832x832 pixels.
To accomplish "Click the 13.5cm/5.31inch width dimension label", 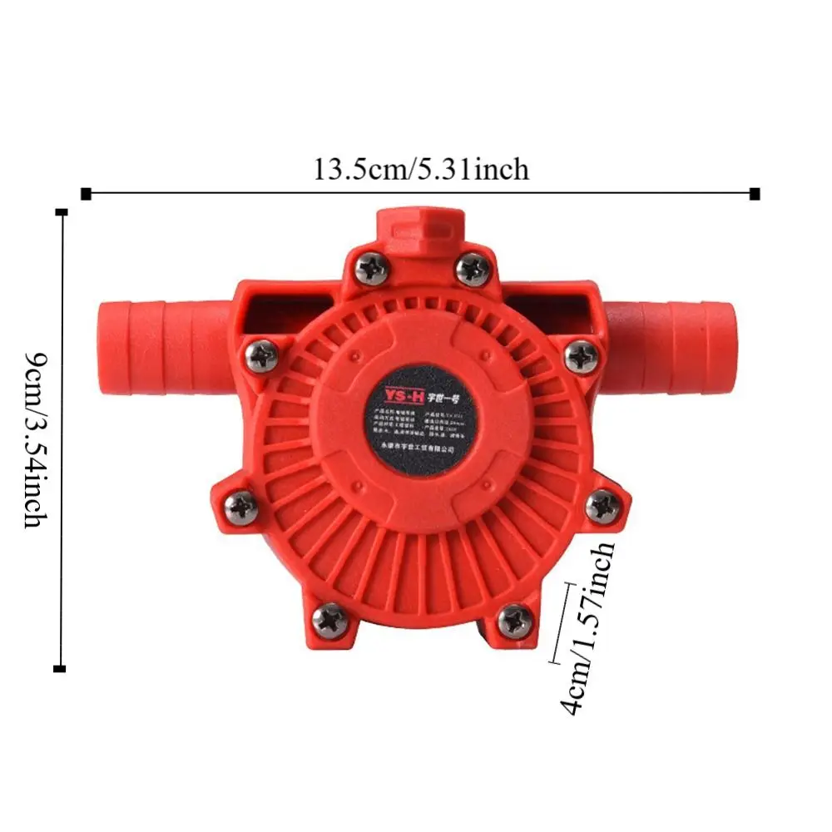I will pos(420,169).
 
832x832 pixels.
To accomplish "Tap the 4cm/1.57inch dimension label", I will pos(590,628).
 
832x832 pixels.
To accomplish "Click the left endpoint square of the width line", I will pos(86,194).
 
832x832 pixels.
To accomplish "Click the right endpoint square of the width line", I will pos(755,194).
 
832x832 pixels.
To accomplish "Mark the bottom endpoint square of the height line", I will pos(59,668).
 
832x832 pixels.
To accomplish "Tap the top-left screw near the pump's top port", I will pos(369,268).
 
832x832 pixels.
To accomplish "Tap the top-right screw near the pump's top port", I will pos(473,268).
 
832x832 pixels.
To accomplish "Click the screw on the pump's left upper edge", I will pos(263,357).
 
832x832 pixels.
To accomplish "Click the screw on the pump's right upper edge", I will pos(580,357).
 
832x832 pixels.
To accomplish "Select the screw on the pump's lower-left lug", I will pos(242,507).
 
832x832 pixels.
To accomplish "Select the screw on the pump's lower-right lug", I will pos(602,506).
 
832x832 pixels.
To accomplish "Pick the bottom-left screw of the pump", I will pos(330,619).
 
